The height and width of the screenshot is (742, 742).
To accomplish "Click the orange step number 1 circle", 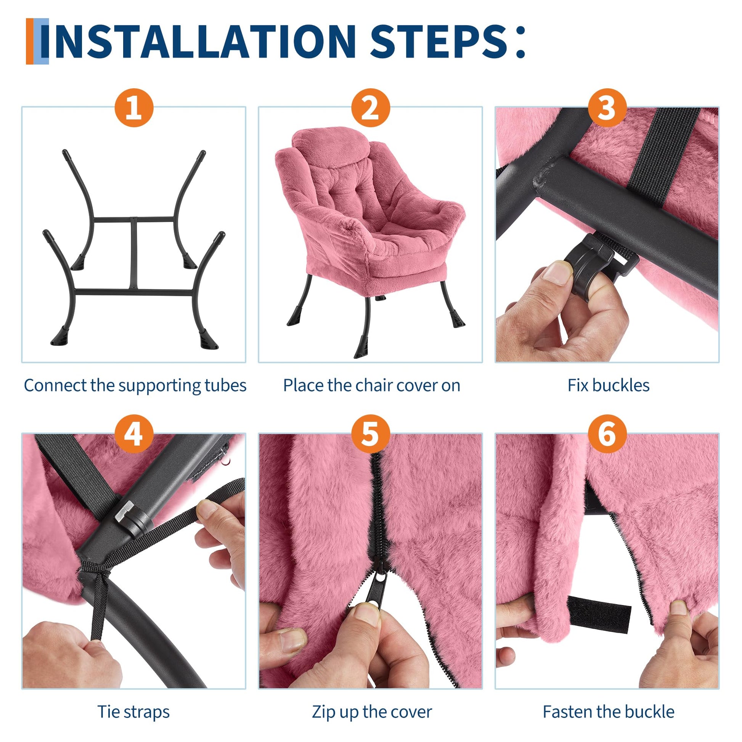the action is (x=134, y=108).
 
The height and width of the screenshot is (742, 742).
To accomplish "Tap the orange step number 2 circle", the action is (x=371, y=108).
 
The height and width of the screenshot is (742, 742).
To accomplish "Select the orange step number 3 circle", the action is (x=607, y=108).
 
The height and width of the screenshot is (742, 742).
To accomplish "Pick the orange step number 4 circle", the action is (x=134, y=435).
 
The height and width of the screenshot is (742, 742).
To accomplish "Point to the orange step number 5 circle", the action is (x=371, y=435).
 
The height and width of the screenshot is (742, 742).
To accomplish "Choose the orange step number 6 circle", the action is (x=607, y=435).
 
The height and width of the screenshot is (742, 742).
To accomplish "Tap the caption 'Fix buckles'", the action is (x=608, y=385).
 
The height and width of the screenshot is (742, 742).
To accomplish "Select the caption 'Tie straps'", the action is (x=133, y=701).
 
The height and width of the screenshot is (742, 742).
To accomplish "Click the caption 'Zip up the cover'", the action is (x=371, y=701).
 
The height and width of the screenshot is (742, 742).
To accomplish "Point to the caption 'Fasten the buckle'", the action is (x=608, y=701).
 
